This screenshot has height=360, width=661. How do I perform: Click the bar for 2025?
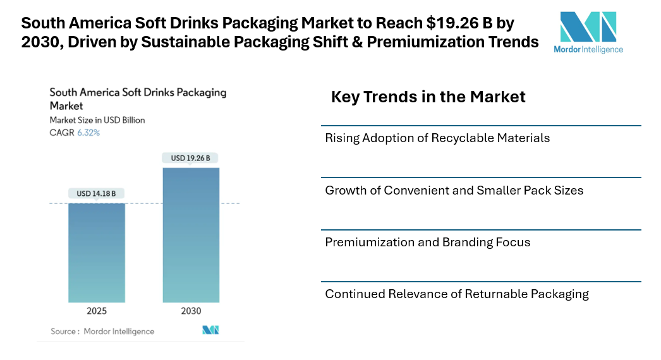(97, 253)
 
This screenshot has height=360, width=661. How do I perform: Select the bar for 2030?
(191, 234)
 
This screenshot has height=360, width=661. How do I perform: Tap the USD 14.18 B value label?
(97, 193)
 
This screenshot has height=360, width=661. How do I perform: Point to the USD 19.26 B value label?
(191, 158)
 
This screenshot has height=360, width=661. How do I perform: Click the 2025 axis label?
(97, 311)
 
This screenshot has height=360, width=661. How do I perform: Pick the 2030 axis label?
(191, 311)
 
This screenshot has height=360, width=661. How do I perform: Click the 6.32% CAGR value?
(88, 133)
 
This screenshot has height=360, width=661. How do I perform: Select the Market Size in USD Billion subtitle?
(97, 120)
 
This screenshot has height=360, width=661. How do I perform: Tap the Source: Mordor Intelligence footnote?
(102, 331)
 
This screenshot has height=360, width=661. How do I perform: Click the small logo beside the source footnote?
(210, 330)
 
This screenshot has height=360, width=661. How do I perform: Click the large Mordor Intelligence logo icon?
(588, 27)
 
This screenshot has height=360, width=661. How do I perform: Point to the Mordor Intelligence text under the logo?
(588, 49)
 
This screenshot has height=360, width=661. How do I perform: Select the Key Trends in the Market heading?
(428, 97)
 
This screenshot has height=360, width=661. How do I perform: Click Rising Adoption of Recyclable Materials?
(437, 138)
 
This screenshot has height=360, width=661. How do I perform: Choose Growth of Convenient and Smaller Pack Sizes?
(454, 190)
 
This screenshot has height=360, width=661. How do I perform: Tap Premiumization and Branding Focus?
(428, 242)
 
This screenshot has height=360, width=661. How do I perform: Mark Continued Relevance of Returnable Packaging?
(457, 294)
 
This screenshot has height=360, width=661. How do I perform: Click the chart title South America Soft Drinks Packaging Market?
(138, 99)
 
